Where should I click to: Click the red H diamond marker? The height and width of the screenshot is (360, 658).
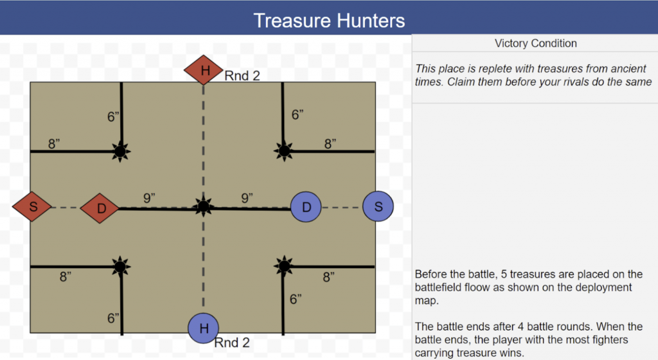204,70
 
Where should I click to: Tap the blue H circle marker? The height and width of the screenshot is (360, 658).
204,328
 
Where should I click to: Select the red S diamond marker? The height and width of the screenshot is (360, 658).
32,207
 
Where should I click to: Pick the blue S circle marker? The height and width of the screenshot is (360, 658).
378,206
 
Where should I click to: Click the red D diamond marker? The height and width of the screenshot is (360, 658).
100,208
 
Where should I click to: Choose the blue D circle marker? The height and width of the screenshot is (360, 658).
307,206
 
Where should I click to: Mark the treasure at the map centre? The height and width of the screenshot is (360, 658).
204,206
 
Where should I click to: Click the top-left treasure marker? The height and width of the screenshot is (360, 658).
120,152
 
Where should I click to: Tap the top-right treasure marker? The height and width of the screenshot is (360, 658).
283,151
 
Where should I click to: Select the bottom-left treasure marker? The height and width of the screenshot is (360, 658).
120,265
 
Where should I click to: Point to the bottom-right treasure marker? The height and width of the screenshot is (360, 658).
283,265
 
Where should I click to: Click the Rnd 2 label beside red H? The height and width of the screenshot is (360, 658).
242,76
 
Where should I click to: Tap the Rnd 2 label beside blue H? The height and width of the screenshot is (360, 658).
231,343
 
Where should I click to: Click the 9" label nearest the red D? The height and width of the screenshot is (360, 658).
150,198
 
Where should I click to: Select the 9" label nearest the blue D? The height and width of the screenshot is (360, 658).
247,198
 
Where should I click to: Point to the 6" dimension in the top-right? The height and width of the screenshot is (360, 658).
298,115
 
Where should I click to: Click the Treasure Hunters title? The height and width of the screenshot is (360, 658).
329,20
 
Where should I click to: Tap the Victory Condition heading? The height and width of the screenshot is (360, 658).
535,44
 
